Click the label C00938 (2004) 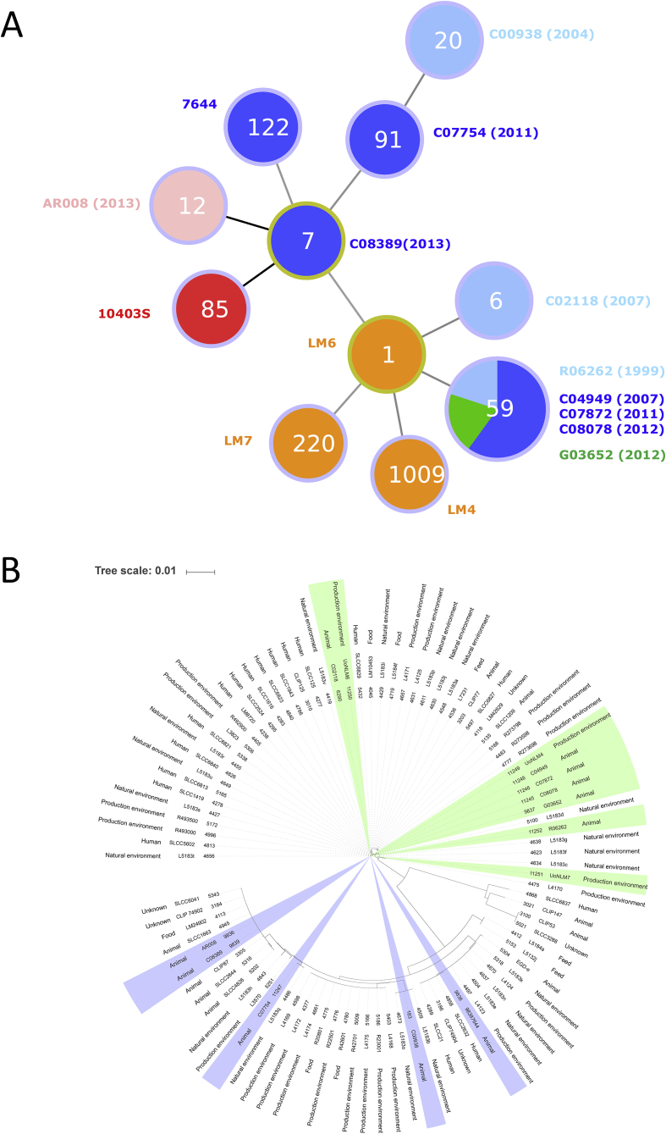click(542, 35)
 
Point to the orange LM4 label click(465, 512)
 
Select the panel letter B click(12, 570)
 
